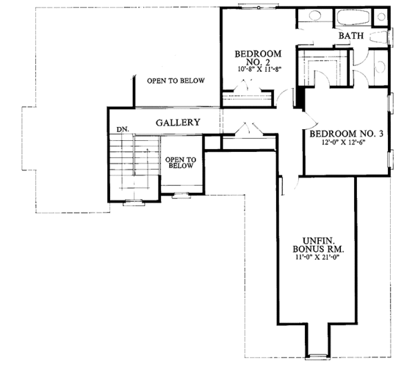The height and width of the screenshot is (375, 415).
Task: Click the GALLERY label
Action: tap(178, 123)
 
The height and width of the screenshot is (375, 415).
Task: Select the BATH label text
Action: tap(351, 37)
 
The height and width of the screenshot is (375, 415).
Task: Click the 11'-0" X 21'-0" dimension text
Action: tap(317, 257)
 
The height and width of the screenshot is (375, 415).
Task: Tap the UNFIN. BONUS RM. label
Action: tap(318, 242)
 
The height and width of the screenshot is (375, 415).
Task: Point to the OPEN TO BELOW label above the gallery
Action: tap(176, 81)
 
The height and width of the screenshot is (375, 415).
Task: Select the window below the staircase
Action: tap(131, 203)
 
